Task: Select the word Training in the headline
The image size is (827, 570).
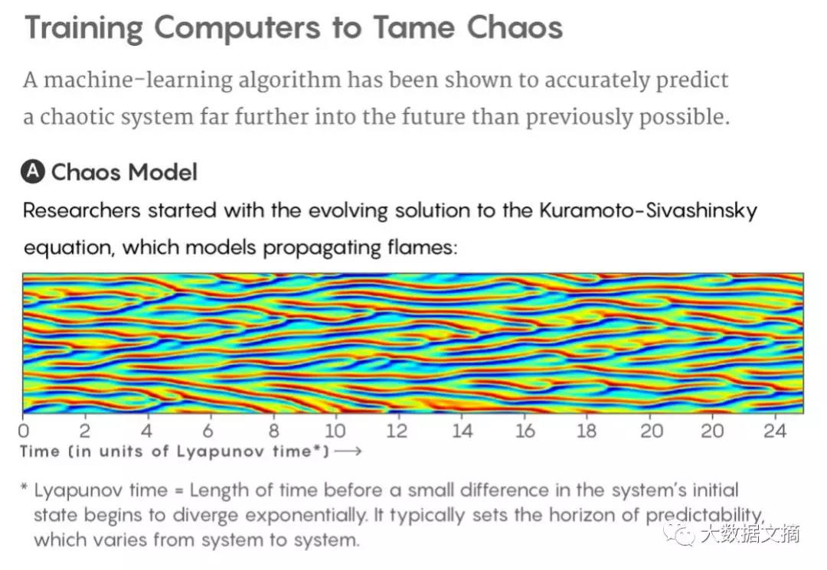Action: (83, 28)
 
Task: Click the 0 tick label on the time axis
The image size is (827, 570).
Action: (25, 431)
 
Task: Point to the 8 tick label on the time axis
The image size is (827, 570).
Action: (274, 431)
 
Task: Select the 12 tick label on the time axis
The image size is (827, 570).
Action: (397, 431)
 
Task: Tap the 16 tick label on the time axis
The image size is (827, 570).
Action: (525, 431)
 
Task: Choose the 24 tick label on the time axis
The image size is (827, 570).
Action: (775, 431)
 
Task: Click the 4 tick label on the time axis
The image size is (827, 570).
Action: (147, 431)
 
